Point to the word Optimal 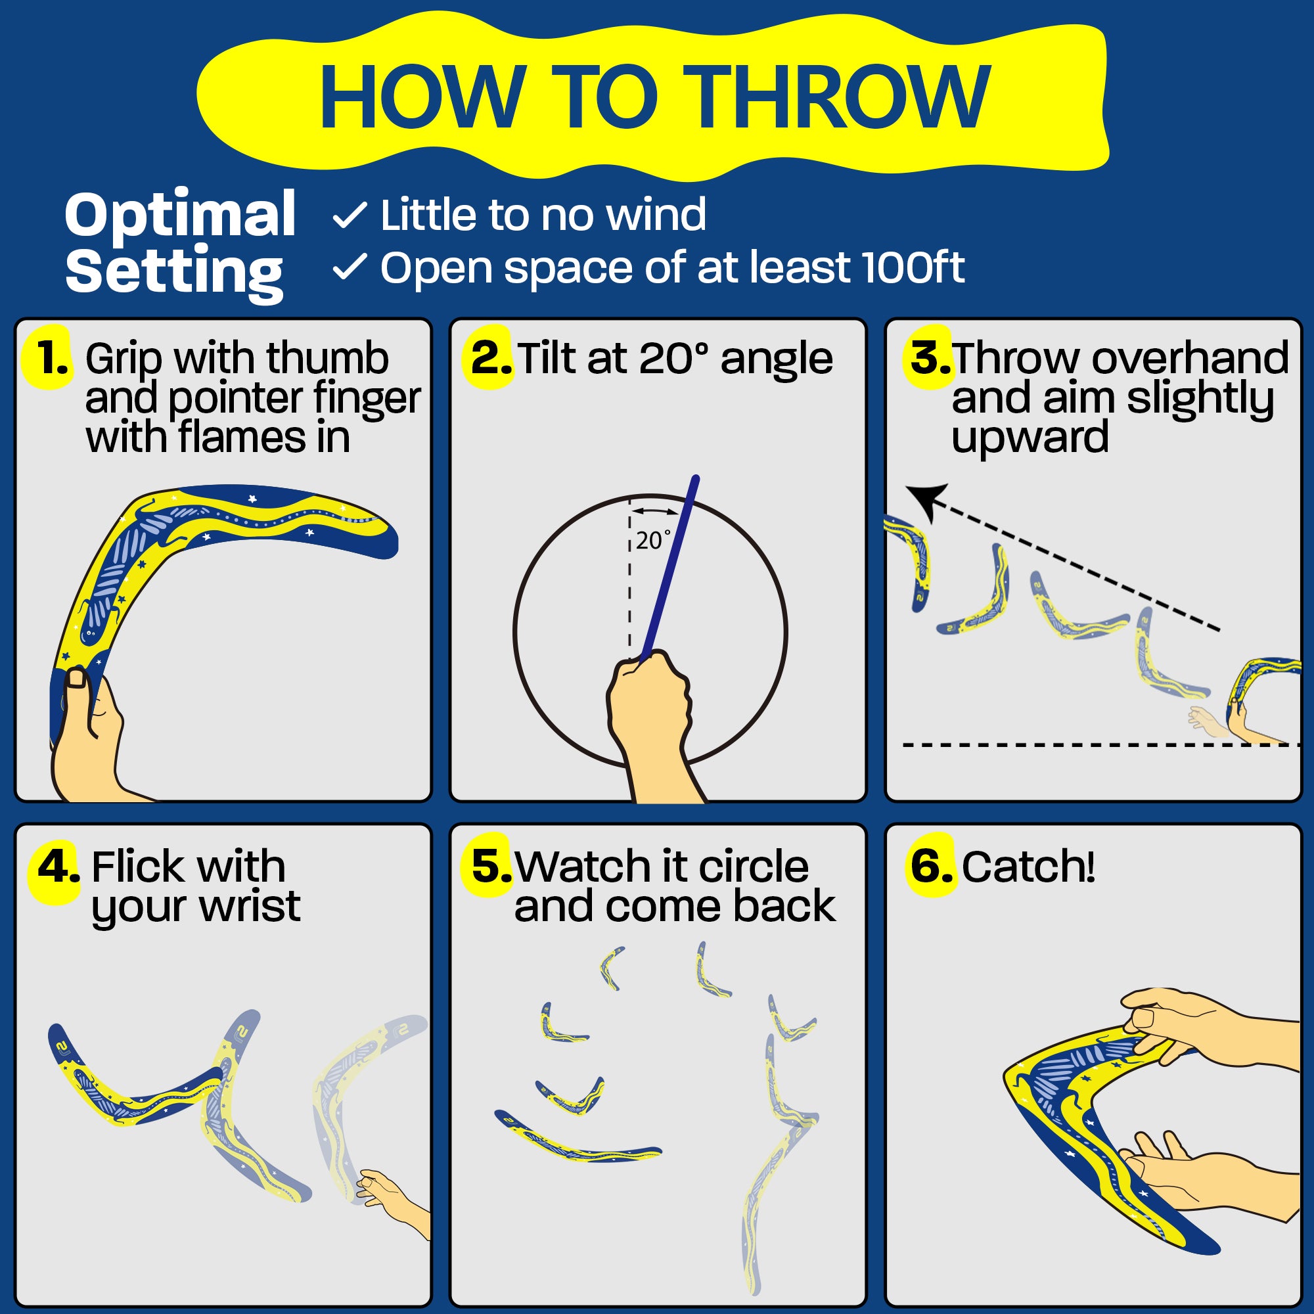180,214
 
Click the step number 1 52,358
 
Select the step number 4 58,866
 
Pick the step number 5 491,866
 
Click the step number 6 931,866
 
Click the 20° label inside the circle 654,541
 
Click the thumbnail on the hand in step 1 76,678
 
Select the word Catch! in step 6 1028,867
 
